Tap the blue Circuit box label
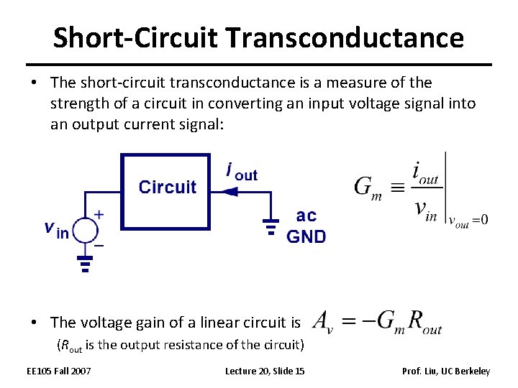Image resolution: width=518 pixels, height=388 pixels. (167, 188)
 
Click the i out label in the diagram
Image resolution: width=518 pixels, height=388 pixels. (242, 172)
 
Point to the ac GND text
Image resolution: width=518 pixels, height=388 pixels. (306, 226)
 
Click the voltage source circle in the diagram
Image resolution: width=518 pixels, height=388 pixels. (85, 229)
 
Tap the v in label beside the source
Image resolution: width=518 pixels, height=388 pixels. (56, 230)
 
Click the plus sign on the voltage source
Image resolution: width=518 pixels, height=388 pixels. (99, 214)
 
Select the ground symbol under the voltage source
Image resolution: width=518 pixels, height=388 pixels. (85, 264)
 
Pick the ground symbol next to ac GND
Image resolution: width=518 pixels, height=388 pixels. (271, 227)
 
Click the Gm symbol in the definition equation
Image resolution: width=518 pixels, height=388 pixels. (368, 188)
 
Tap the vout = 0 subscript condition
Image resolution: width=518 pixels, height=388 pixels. (468, 220)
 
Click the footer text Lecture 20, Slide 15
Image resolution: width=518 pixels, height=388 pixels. (264, 371)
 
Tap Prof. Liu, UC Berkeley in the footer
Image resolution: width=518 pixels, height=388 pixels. (446, 371)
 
